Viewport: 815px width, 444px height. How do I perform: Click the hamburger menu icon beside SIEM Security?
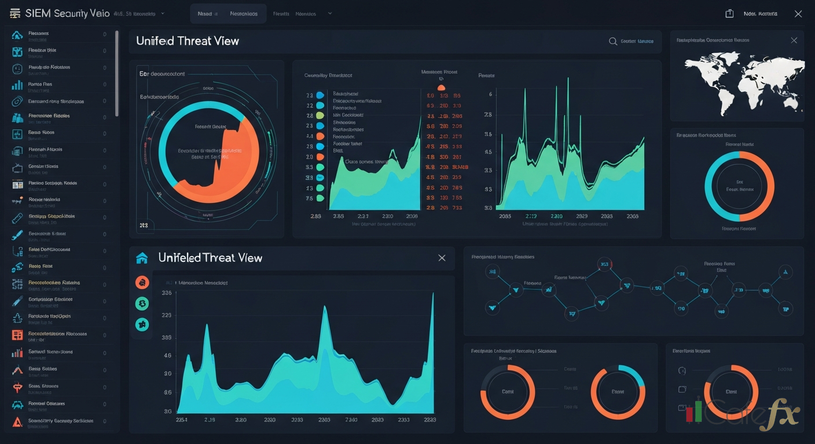(x=15, y=13)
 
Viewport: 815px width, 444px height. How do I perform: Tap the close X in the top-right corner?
(x=798, y=13)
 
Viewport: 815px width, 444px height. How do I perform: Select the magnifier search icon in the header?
(x=612, y=42)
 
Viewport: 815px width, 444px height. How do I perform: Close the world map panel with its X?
(x=794, y=40)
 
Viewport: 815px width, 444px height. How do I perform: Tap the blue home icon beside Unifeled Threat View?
(x=142, y=258)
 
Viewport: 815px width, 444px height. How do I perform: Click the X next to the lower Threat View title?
(x=442, y=258)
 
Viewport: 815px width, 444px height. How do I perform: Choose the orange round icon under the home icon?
(x=142, y=283)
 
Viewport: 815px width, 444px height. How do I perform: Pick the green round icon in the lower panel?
(x=142, y=304)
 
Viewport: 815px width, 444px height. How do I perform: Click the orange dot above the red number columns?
(x=440, y=87)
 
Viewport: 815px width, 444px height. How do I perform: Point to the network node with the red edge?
(x=605, y=265)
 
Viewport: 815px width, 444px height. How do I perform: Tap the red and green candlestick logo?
(x=693, y=410)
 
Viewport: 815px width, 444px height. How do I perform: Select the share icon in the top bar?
(x=729, y=13)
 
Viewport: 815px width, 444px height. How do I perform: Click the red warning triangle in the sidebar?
(x=17, y=421)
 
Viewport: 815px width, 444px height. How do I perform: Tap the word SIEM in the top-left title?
(x=38, y=13)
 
